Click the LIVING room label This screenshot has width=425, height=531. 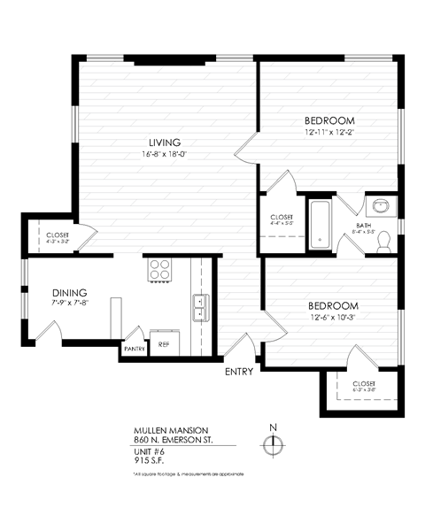click(165, 142)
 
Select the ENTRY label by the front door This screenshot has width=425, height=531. click(239, 372)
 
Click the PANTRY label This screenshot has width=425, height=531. click(135, 349)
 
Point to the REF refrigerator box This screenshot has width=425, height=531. click(164, 343)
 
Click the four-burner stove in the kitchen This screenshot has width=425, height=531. click(160, 269)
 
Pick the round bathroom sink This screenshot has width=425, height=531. click(382, 207)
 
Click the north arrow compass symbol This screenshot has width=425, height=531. click(274, 444)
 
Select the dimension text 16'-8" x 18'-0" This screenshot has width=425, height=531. click(165, 155)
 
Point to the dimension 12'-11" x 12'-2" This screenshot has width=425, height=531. click(329, 133)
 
